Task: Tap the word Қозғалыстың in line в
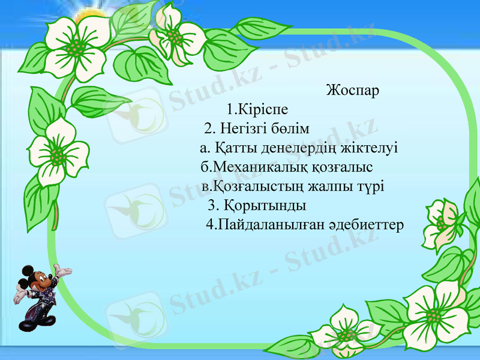[x=253, y=186]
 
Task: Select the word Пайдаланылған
[x=271, y=225]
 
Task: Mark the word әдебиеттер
[x=366, y=225]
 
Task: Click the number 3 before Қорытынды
[x=211, y=206]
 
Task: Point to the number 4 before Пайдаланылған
[x=209, y=225]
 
